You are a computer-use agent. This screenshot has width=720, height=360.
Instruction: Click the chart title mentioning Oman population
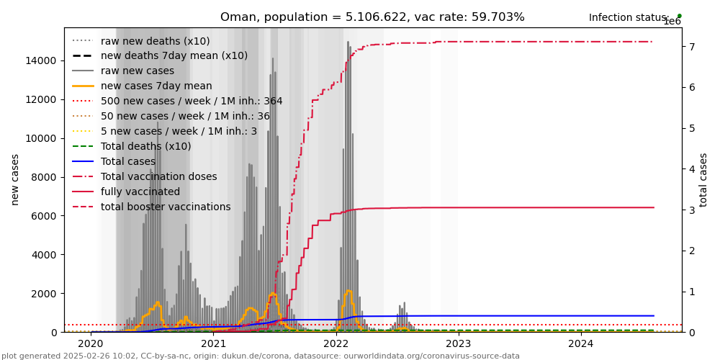pos(372,17)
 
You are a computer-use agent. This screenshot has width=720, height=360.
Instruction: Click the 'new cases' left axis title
pos(14,179)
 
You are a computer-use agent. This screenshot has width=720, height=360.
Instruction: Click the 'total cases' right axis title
pos(703,179)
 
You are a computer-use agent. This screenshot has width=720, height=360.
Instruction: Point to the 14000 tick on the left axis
pos(43,60)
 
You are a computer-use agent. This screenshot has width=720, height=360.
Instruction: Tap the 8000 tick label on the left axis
pos(46,177)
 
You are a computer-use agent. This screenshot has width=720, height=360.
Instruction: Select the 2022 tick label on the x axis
pos(336,344)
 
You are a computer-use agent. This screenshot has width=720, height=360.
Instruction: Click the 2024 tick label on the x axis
pos(581,344)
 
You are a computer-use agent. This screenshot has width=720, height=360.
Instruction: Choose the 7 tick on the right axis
pos(690,47)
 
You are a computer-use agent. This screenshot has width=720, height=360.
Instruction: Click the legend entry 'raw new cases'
pos(137,71)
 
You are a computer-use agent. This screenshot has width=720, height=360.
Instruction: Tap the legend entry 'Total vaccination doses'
pos(158,176)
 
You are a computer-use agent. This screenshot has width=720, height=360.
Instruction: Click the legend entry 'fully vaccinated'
pos(140,192)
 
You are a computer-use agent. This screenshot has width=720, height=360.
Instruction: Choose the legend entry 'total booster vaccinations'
pos(166,207)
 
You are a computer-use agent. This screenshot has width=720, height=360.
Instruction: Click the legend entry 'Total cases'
pos(128,161)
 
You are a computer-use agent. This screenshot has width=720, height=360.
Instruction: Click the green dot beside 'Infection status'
pos(679,16)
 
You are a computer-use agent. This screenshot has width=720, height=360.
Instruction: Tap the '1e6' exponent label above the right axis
pos(672,22)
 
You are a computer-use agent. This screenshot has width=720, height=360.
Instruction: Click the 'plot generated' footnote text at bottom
pos(261,356)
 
